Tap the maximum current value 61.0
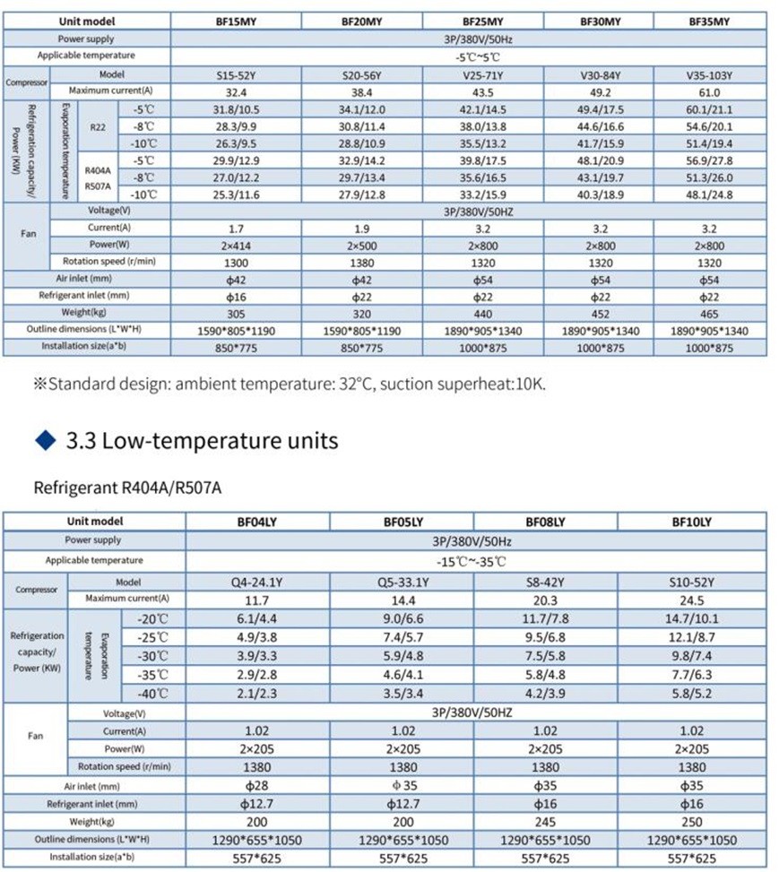(x=708, y=92)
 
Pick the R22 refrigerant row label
(x=98, y=126)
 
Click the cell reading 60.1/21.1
(x=708, y=109)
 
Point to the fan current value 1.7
(x=237, y=229)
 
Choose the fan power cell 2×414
(x=237, y=246)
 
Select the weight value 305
(x=237, y=314)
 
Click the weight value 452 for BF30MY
(x=600, y=314)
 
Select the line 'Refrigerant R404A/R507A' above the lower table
(x=126, y=488)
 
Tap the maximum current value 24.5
(x=692, y=599)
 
